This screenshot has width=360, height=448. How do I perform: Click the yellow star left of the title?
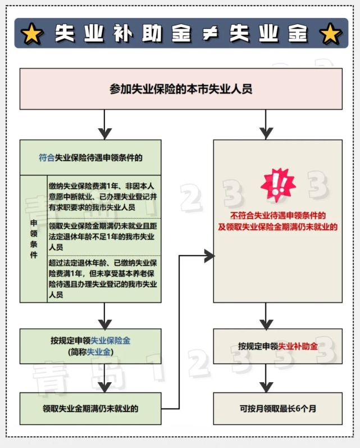[31, 34]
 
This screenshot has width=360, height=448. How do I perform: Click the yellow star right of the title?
[330, 34]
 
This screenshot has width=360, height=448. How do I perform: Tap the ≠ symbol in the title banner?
[211, 34]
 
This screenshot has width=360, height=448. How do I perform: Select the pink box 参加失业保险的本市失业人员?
[181, 89]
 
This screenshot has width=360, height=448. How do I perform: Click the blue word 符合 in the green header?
[47, 158]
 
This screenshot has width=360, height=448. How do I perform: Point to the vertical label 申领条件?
[34, 239]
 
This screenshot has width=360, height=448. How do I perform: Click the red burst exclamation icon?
[278, 185]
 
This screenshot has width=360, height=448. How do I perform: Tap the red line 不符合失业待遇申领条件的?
[278, 215]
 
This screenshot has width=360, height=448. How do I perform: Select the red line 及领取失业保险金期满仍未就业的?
[278, 227]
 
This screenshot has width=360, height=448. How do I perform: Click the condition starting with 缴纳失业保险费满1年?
[103, 197]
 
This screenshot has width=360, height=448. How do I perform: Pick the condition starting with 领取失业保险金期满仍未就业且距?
[103, 237]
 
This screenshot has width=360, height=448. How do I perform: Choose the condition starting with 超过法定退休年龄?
[103, 279]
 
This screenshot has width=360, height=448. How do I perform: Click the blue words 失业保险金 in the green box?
[111, 341]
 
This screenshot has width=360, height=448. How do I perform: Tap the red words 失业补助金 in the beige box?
[298, 346]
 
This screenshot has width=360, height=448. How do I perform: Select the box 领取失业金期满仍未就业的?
[90, 409]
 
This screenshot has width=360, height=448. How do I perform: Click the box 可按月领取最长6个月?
[278, 409]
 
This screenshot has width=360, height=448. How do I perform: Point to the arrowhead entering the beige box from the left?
[209, 256]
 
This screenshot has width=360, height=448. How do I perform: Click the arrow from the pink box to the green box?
[104, 124]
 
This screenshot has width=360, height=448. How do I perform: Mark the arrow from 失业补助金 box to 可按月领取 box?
[266, 378]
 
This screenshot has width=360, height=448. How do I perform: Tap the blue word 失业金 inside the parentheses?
[98, 352]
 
